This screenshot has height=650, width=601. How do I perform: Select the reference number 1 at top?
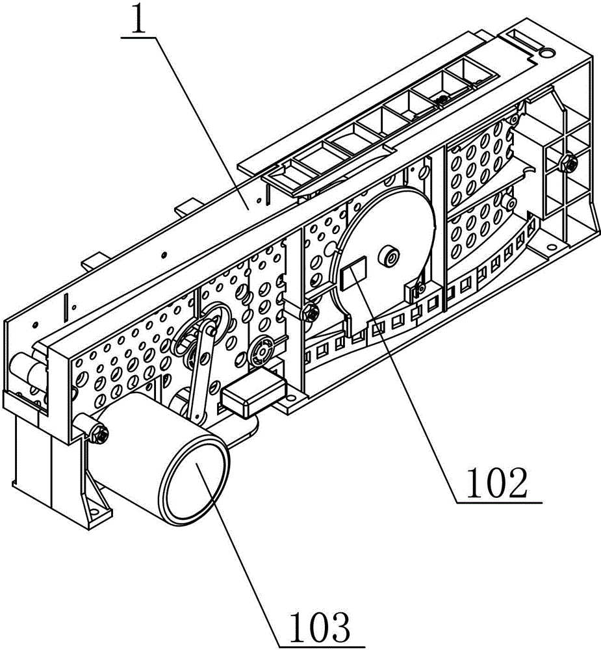pos(138,19)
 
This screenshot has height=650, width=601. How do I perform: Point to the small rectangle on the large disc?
pos(353,273)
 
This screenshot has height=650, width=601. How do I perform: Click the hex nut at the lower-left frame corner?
pos(100,434)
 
